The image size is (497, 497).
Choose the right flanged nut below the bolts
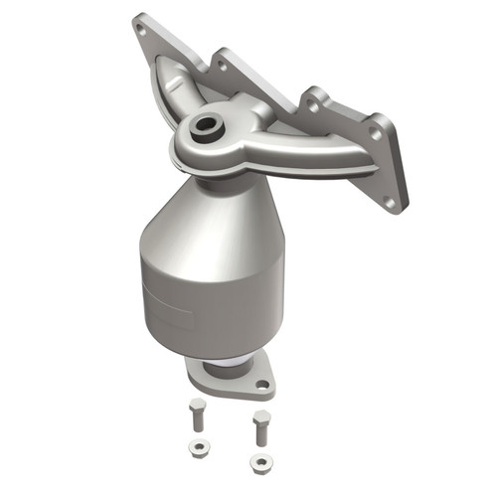[260, 462]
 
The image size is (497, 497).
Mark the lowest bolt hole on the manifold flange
[389, 202]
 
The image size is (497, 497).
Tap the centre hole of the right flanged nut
[260, 462]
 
